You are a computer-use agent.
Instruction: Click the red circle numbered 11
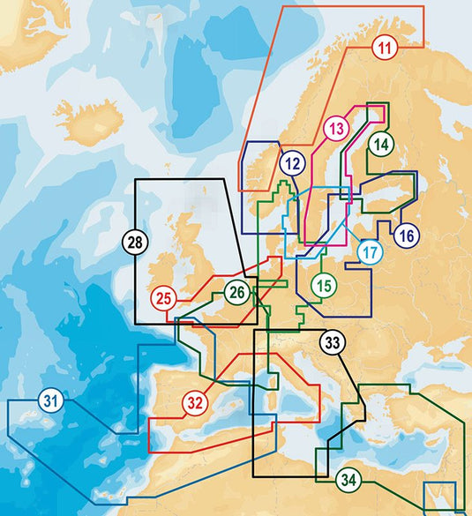(384, 49)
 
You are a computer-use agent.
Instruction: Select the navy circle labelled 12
(293, 162)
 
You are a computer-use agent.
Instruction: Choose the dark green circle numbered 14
(381, 146)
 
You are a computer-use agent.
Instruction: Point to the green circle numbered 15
(325, 285)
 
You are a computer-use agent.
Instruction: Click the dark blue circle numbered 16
(406, 236)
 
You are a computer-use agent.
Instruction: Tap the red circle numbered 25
(163, 298)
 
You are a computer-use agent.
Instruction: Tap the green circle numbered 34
(348, 482)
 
